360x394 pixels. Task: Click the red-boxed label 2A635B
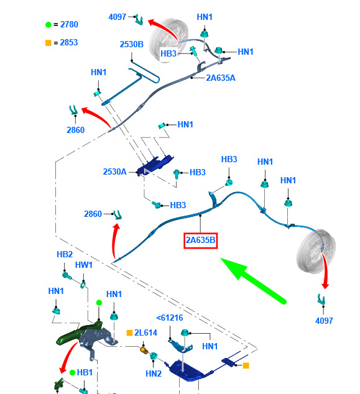point(200,241)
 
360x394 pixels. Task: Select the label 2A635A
point(221,78)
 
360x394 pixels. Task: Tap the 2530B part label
point(131,44)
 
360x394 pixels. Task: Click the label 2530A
point(114,172)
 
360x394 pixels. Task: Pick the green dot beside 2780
point(48,25)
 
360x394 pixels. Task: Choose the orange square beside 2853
point(48,43)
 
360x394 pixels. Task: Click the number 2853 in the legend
point(69,42)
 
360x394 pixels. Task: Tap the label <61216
point(170,318)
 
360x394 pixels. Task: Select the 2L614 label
point(145,332)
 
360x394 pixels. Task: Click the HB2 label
point(65,254)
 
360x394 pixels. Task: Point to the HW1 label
point(84,265)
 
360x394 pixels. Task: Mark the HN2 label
point(154,373)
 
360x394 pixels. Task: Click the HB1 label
point(85,372)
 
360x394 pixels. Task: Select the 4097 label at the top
point(117,17)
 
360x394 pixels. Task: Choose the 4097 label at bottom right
point(324,321)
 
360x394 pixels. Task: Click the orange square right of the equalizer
point(246,365)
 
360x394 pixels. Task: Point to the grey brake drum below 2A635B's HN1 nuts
point(316,251)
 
